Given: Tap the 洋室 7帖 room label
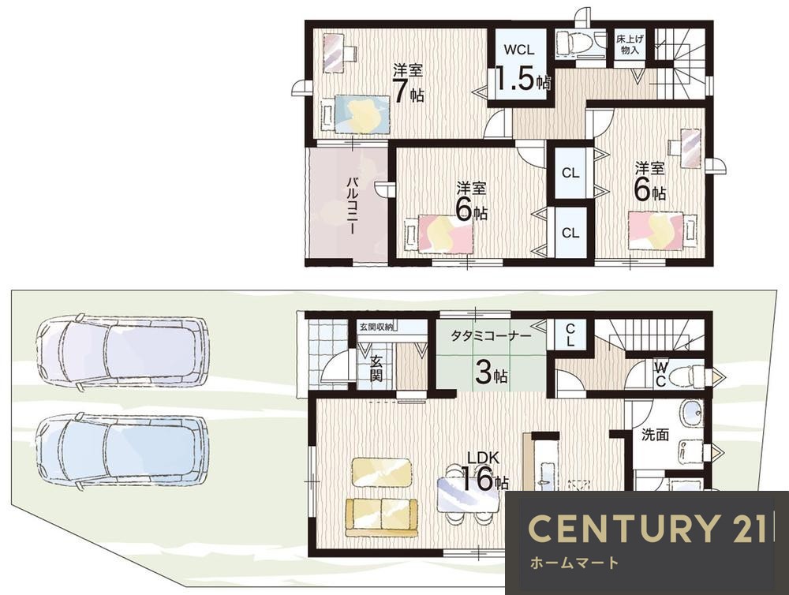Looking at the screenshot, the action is [408, 84].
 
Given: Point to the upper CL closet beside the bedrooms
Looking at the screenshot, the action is [570, 173].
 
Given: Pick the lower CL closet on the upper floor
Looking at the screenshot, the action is [570, 233].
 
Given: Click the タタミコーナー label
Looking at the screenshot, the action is [491, 335].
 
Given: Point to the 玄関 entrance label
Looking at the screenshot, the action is [376, 368].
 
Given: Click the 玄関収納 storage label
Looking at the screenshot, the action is [376, 326].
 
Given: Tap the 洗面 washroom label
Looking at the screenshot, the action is [655, 435].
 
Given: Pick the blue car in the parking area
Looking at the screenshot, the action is [122, 451].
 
